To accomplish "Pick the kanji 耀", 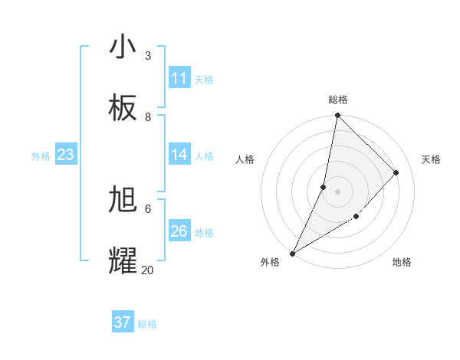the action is pos(123,260).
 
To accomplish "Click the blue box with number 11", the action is pos(179,78).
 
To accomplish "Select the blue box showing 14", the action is pos(179,155).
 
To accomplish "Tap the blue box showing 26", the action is pos(179,231).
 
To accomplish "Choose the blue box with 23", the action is pos(65,155).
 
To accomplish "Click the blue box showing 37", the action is pos(123,322).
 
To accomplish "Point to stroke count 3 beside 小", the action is pos(148,56).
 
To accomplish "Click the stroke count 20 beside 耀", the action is pos(147,270).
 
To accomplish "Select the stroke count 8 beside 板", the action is pos(148,117).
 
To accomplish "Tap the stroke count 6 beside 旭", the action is pos(148,208).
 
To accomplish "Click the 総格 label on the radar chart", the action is pos(338,100).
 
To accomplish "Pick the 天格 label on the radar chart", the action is pos(431,159).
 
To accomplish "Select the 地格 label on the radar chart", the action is pos(402,262).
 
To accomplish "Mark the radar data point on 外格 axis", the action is pos(293,253).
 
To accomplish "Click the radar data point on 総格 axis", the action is pos(337,116).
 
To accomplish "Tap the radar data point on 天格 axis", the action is pos(396,172).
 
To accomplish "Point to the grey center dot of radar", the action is pos(337,191).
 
